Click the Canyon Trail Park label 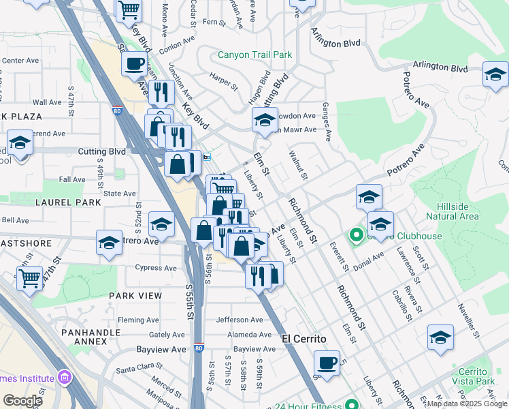click(255, 55)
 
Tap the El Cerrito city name click(304, 339)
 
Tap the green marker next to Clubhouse click(355, 237)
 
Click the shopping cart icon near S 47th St click(29, 278)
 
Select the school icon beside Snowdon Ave click(264, 121)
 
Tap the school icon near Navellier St click(440, 337)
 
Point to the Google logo click(22, 401)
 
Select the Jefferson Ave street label click(239, 320)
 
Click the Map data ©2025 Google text click(467, 404)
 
